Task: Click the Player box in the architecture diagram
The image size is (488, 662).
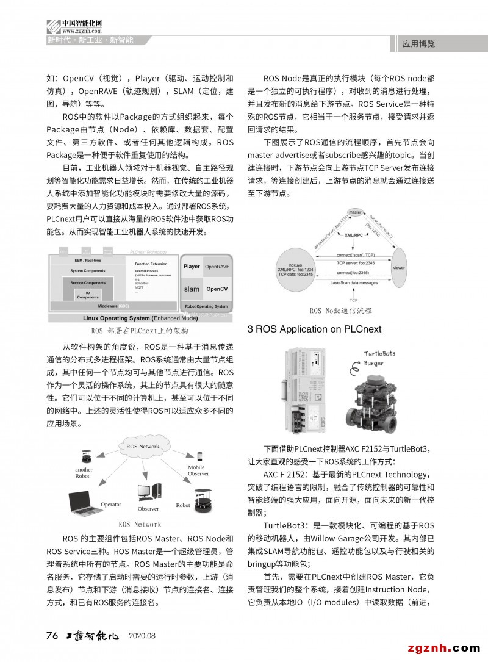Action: click(192, 267)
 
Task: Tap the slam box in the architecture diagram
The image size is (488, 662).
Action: click(192, 289)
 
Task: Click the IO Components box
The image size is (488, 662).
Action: click(87, 295)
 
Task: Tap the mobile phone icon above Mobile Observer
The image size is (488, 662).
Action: click(199, 456)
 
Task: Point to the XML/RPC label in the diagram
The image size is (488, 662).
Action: click(354, 235)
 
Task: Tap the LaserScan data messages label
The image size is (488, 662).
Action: click(353, 284)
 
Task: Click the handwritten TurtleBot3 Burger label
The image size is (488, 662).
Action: click(380, 358)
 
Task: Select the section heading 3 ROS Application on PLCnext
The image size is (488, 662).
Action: click(314, 329)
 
